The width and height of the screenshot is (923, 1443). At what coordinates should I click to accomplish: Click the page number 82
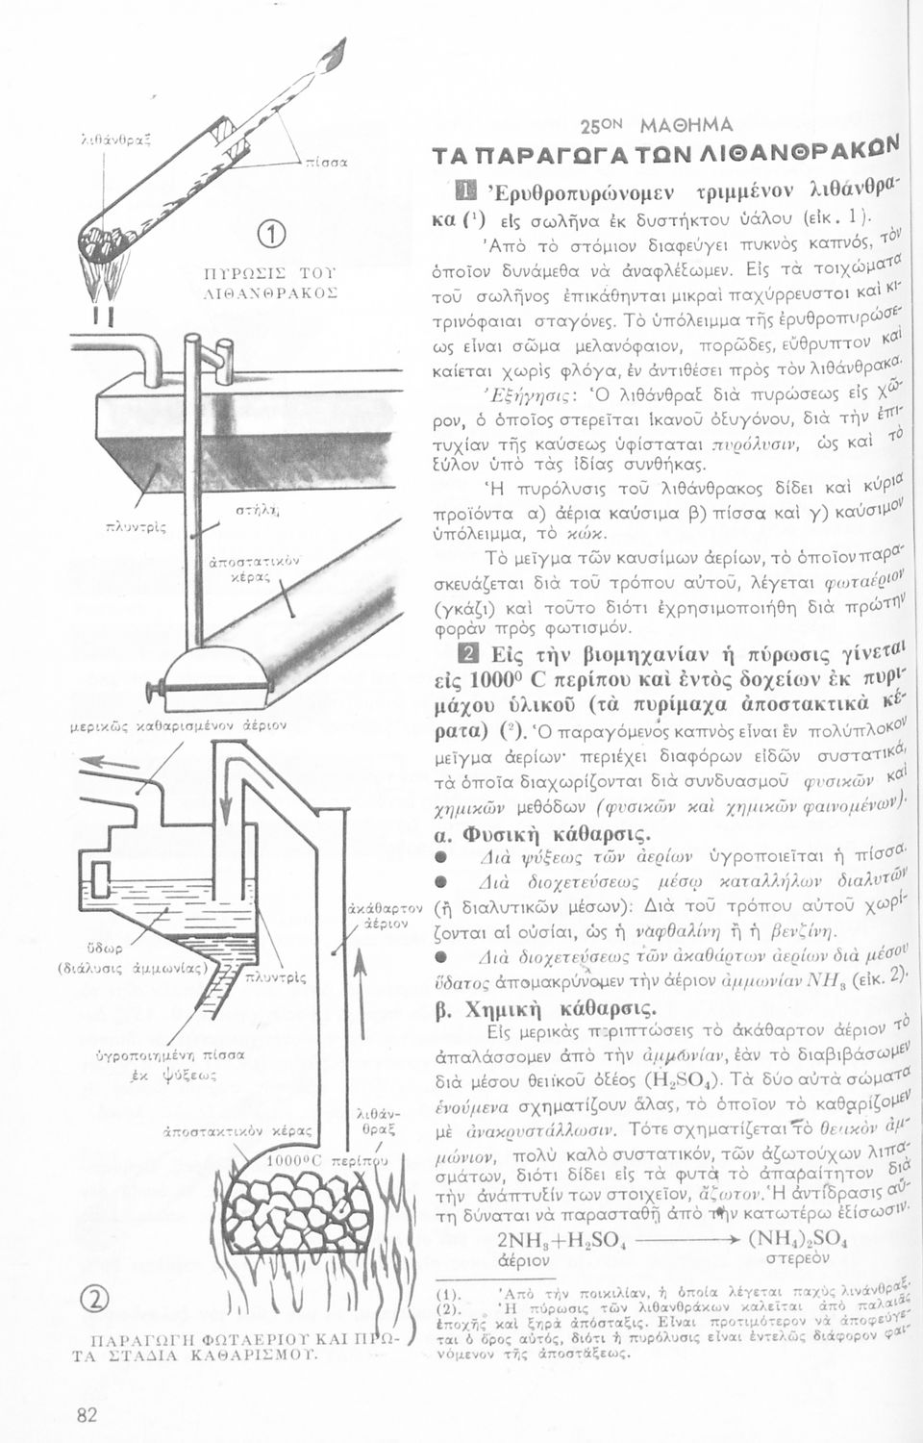coord(87,1413)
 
